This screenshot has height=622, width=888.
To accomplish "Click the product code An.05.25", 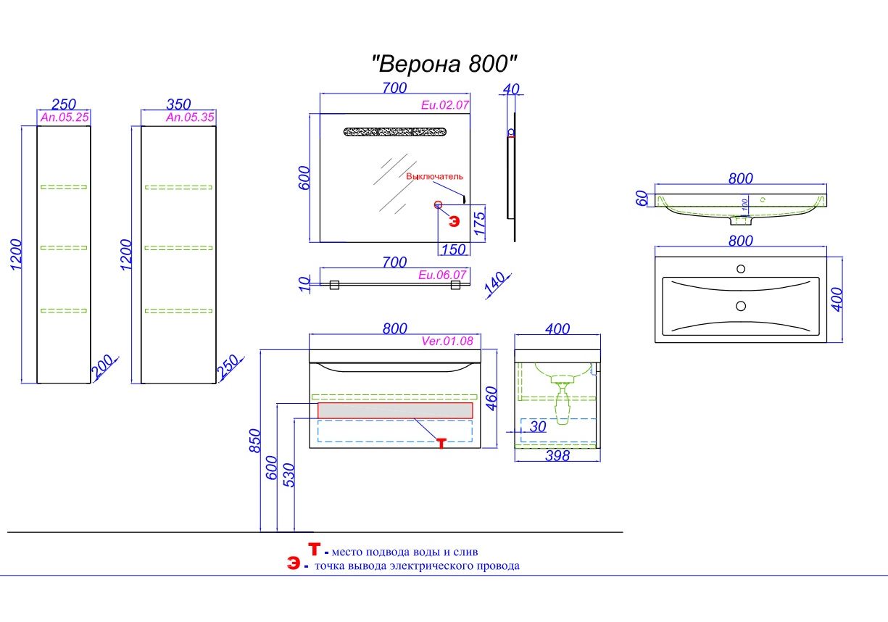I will (65, 117).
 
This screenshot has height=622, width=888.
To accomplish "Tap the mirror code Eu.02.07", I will (445, 104).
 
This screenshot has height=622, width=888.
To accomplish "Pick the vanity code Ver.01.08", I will (447, 341).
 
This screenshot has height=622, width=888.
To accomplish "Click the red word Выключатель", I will (434, 176).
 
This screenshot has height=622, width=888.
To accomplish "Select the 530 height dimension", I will (289, 474).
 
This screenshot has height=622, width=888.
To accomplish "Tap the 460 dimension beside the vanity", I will (491, 398).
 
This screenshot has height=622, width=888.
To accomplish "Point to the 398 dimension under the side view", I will (557, 456).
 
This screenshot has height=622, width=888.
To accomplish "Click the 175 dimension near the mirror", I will (478, 223).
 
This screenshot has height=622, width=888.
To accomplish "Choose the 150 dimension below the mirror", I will (453, 250).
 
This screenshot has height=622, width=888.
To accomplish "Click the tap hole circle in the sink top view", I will (740, 269).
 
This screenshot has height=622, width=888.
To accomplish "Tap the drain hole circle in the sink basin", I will (740, 306).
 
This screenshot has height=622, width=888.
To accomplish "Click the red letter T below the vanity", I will (441, 443).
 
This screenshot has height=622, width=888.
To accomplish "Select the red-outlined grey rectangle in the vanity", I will (395, 410).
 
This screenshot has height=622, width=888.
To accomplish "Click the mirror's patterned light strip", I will (395, 132).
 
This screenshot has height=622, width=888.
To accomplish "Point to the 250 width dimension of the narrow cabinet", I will (65, 104).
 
